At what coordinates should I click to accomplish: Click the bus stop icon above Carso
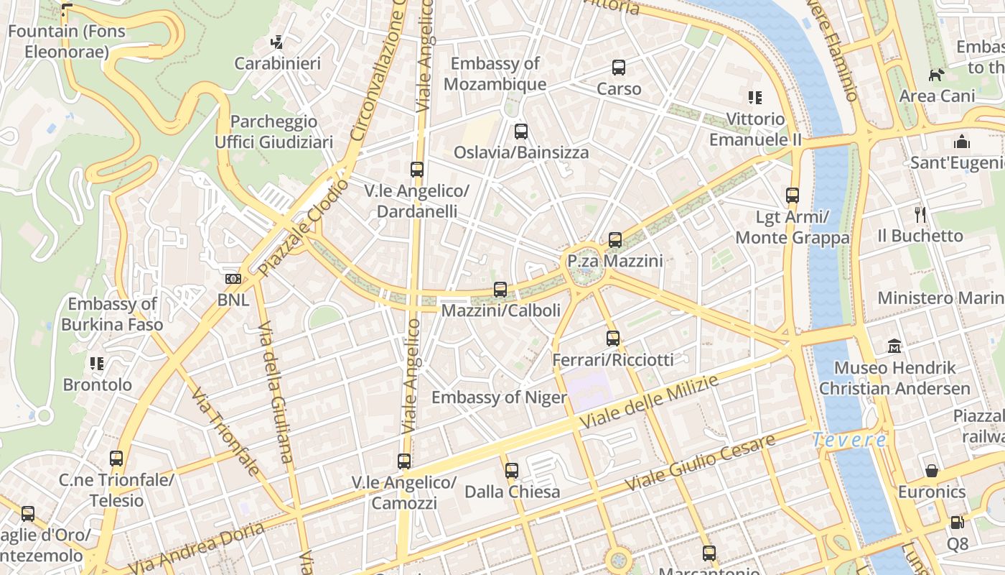(619, 68)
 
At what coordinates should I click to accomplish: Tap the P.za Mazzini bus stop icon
(615, 239)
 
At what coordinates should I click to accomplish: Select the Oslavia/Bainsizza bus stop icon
(521, 132)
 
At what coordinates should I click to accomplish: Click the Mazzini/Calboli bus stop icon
(500, 290)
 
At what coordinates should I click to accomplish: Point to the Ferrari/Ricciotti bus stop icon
(613, 338)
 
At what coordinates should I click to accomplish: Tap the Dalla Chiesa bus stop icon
(512, 471)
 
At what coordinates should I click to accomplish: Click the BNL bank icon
(233, 278)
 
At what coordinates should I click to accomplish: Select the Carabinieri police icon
(277, 42)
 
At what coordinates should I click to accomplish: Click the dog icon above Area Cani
(936, 75)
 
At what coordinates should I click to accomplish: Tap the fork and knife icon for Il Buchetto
(920, 214)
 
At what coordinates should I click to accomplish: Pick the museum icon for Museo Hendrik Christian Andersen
(894, 346)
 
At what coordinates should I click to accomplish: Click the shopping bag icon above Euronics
(932, 471)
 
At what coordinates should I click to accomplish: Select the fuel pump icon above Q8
(957, 523)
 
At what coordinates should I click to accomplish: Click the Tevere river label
(850, 439)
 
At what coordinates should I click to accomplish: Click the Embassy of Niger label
(499, 397)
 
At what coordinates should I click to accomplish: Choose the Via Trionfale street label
(225, 431)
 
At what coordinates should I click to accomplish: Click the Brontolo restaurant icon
(97, 363)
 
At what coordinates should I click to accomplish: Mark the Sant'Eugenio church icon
(962, 142)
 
